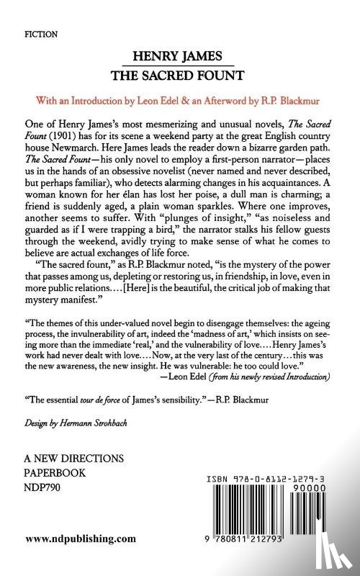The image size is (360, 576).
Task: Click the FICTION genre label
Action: (x=42, y=34)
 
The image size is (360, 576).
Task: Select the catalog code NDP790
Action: (x=45, y=485)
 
